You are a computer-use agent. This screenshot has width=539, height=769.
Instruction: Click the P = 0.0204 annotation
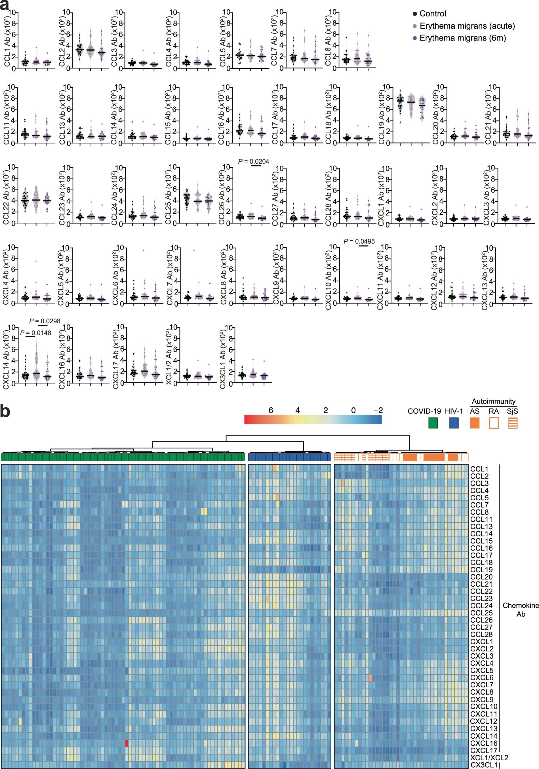click(254, 162)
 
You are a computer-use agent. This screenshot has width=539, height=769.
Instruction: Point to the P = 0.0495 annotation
click(359, 241)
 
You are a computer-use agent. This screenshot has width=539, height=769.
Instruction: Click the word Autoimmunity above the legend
click(493, 401)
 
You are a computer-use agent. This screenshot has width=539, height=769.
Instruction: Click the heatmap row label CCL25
click(479, 613)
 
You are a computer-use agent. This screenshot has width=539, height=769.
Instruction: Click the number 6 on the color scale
click(270, 410)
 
